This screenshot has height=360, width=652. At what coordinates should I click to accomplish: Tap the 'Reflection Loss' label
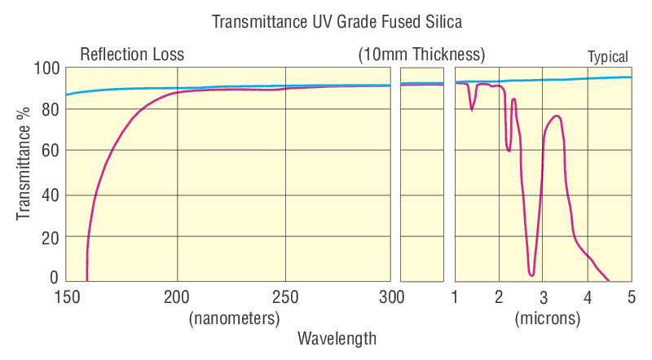pos(132,55)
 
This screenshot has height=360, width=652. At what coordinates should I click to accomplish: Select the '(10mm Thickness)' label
pos(421,55)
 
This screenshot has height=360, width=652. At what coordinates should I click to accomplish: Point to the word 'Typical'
pos(608,57)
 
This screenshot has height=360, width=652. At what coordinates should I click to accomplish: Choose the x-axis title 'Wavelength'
pos(337,337)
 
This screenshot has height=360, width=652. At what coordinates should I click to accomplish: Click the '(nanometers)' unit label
pos(234,318)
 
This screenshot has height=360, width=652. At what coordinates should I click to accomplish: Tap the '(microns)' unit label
pos(547,318)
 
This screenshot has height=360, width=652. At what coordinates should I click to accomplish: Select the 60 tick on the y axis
pos(50,151)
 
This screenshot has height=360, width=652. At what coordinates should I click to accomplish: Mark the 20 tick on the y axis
pos(50,238)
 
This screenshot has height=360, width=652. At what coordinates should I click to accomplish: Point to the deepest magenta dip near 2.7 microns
pos(531,274)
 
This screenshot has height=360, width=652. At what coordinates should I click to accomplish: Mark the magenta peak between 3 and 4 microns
pos(557,116)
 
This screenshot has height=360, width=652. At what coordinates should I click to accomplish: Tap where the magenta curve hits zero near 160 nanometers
pos(87,279)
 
